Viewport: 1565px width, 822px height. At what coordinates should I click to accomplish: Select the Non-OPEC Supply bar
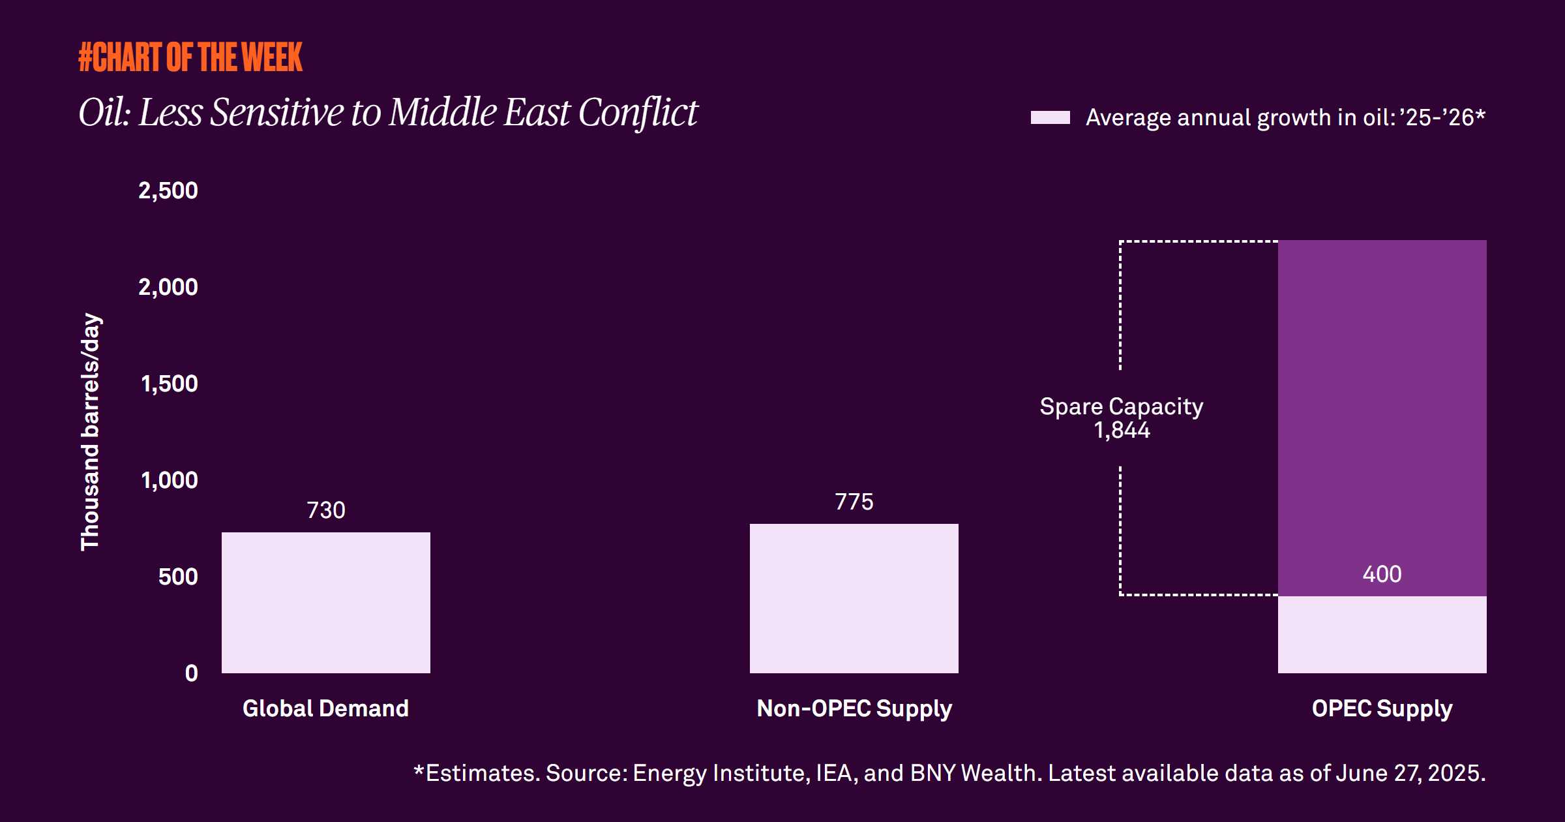click(854, 598)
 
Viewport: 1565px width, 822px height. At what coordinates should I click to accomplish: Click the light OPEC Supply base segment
click(1382, 634)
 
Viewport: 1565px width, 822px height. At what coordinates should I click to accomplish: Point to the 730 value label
click(326, 510)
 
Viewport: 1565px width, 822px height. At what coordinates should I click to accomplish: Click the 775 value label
click(854, 502)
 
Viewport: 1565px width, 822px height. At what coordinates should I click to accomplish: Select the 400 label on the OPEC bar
click(1382, 574)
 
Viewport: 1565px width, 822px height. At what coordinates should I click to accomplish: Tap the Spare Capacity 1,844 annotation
click(1122, 418)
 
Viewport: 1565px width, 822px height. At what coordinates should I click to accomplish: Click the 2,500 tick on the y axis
click(168, 190)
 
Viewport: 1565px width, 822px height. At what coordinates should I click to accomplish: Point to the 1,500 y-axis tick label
click(170, 384)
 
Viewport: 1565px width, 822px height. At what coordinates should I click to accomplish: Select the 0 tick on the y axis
click(191, 673)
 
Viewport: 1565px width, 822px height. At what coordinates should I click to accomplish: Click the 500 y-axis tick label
click(178, 577)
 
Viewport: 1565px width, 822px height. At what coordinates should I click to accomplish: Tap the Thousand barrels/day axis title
click(90, 432)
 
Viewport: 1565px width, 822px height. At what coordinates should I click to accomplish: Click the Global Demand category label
click(325, 708)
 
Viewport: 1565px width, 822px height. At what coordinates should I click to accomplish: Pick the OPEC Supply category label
click(1382, 708)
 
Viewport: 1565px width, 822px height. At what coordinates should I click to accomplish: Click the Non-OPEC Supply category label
click(854, 708)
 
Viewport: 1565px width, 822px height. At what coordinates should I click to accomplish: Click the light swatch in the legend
click(1050, 117)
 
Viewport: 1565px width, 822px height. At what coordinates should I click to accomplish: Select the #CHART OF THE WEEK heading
click(190, 57)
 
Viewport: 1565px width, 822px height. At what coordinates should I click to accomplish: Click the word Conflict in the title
click(638, 112)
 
